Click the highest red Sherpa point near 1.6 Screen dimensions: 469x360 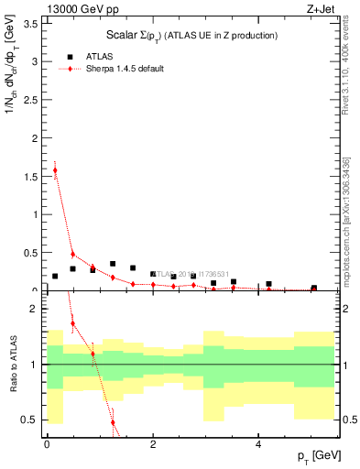55,169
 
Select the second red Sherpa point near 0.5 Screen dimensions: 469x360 73,255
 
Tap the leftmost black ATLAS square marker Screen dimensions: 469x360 55,276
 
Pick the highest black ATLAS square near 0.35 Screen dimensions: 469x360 113,264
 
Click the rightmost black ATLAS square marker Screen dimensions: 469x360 313,288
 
